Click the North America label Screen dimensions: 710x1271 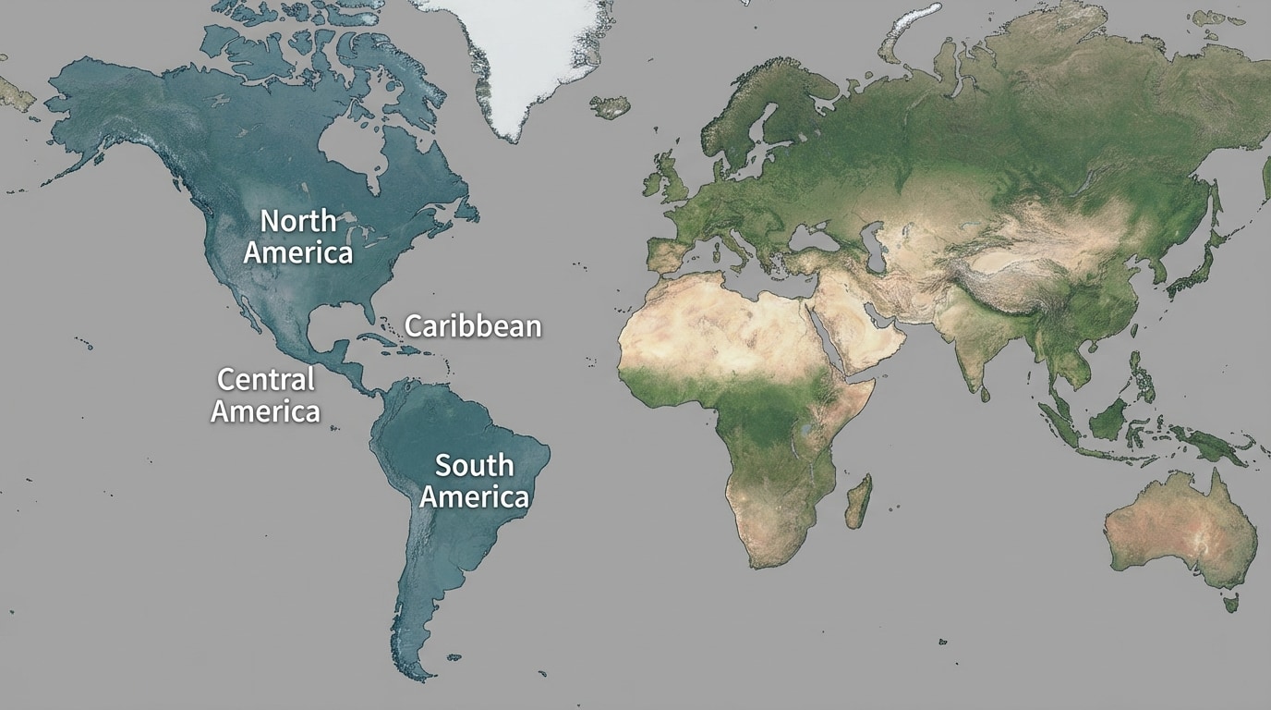[297, 237]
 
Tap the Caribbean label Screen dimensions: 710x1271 [473, 326]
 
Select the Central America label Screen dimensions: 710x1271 [265, 395]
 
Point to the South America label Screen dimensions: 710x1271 [475, 481]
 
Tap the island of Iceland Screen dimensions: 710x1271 [611, 107]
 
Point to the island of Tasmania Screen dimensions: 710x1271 [1230, 603]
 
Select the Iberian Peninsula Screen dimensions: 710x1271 [667, 254]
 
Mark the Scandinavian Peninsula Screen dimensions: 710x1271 [739, 120]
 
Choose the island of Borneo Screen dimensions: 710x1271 [1108, 416]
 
